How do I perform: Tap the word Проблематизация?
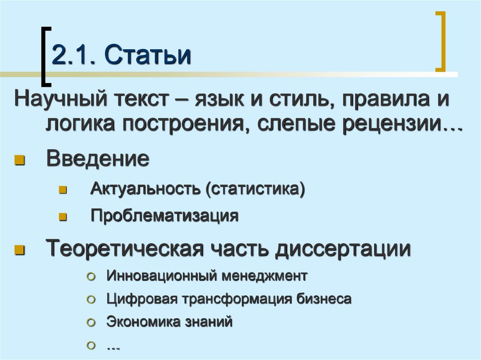(164, 215)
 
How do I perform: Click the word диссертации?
(343, 249)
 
